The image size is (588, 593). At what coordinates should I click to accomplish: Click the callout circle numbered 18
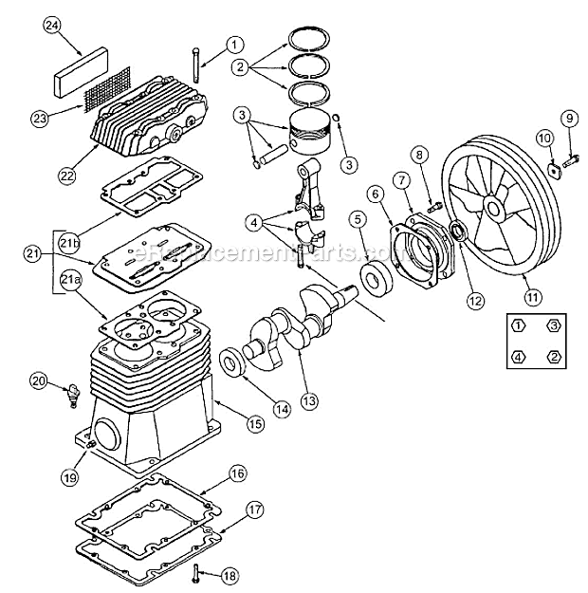230,575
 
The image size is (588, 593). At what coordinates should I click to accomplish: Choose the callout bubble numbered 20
37,381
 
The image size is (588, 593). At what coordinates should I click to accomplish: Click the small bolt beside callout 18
196,572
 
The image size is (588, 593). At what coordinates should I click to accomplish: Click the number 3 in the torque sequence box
553,325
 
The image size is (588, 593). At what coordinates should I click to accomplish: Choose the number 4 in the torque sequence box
518,357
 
